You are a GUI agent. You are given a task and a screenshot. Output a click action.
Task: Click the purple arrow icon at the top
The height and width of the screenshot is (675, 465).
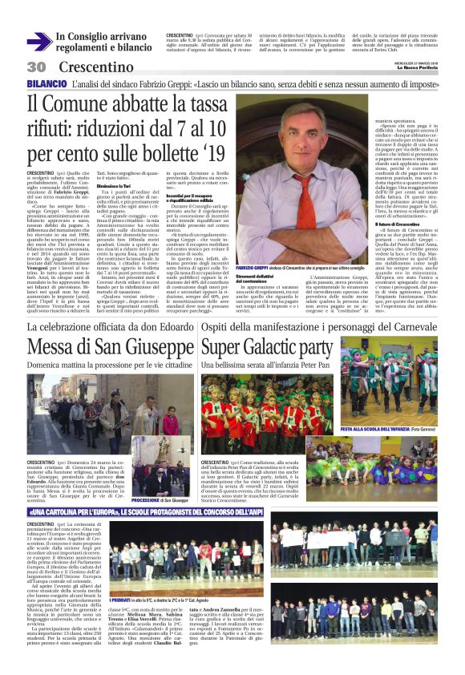38,42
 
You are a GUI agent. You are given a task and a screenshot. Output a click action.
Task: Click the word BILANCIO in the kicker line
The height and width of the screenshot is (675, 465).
46,83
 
